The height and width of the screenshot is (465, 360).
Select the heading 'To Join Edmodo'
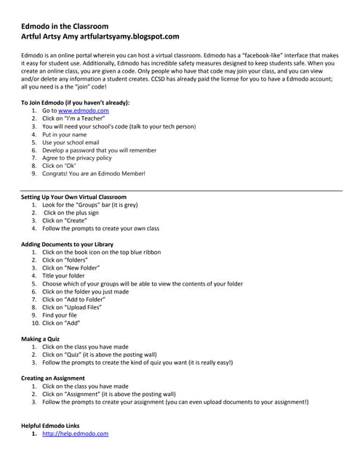pyautogui.click(x=76, y=102)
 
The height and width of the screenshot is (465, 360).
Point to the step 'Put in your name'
pyautogui.click(x=64, y=134)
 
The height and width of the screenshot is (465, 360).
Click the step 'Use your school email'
pyautogui.click(x=71, y=142)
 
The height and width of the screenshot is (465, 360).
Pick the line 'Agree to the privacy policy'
pyautogui.click(x=77, y=158)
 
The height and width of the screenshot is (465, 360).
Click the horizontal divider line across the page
pyautogui.click(x=180, y=190)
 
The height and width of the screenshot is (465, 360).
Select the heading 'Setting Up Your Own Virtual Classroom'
pyautogui.click(x=74, y=197)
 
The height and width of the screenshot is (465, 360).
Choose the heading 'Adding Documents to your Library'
pyautogui.click(x=67, y=244)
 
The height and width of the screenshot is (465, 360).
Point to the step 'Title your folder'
pyautogui.click(x=63, y=276)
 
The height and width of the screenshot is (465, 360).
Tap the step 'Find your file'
pyautogui.click(x=59, y=315)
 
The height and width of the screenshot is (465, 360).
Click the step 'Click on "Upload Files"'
pyautogui.click(x=71, y=307)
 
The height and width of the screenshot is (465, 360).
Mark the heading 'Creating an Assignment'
pyautogui.click(x=53, y=379)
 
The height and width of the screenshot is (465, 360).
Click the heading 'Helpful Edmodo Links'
pyautogui.click(x=51, y=425)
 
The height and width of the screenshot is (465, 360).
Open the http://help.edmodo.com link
pyautogui.click(x=75, y=433)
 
